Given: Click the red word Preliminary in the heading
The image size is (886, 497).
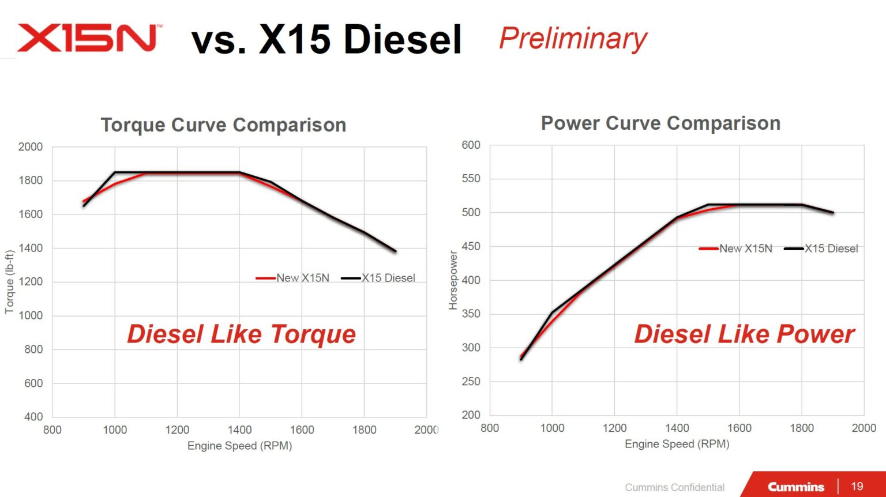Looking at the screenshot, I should coord(573,39).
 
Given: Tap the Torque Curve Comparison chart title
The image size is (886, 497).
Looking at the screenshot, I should coord(223,125).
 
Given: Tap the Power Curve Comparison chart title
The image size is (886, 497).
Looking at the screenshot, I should coord(660,123).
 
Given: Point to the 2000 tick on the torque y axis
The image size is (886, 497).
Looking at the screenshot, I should coord(31,147).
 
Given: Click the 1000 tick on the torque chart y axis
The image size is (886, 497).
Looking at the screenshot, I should coord(31,315).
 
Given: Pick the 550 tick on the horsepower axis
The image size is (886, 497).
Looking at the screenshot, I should coord(471,179).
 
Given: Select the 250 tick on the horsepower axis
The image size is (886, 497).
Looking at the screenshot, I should coord(471,381).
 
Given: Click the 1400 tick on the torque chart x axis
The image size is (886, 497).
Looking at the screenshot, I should coord(239,430).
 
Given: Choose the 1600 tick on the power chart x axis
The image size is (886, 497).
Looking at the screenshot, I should coord(739,428).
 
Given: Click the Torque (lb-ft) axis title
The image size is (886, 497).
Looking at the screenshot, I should coord(9,282).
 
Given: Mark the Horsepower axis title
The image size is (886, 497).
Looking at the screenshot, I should coord(453,280).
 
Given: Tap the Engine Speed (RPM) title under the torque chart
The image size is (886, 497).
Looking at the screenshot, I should coord(239,446).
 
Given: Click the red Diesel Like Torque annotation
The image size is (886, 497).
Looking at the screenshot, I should coord(241,334).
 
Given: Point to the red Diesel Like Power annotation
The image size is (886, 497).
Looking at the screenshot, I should coord(744,334).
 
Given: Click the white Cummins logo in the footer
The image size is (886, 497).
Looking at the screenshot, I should coord(795,487).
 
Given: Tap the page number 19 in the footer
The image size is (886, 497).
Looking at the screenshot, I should coord(857,486).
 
